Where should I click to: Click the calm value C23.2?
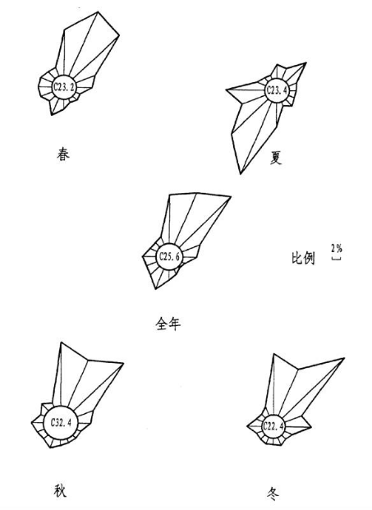point(64,87)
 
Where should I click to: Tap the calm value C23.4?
point(277,90)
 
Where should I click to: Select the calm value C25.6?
point(169,256)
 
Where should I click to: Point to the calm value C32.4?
point(61,423)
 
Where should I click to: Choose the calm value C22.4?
point(273,425)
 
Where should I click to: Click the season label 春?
point(63,154)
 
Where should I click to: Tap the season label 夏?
point(276,158)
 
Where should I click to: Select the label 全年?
point(168,324)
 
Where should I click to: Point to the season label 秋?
point(60,490)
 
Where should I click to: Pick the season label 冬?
point(273,494)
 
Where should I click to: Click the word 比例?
point(303,258)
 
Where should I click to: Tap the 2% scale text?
point(337,249)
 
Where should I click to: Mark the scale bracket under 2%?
point(336,260)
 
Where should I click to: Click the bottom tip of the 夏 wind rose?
point(241,174)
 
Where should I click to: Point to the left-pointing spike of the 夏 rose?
point(227,90)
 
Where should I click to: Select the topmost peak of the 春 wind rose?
point(99,12)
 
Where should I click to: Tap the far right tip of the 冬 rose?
point(344,358)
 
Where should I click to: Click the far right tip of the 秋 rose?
point(123,363)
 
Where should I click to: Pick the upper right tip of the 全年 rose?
point(231,196)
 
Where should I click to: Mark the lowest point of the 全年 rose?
point(155,289)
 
